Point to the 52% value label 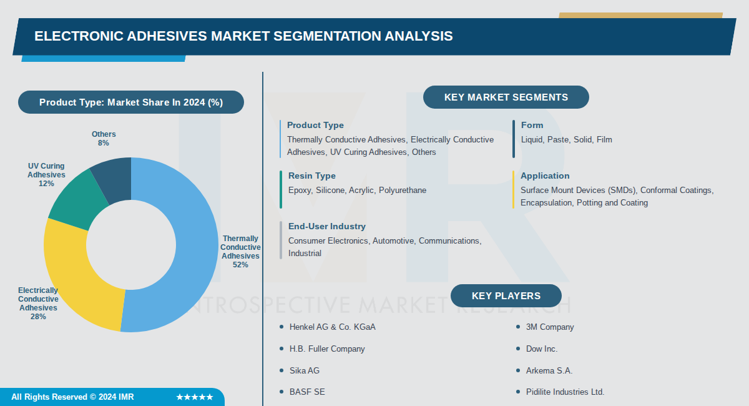(240, 265)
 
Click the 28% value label (38, 317)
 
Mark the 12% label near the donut (46, 184)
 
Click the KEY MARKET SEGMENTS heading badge (506, 97)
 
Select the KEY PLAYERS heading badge (506, 296)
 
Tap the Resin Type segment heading (311, 176)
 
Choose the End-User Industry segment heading (326, 227)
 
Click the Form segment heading (532, 126)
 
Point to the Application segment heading (545, 176)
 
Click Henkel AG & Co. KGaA (332, 327)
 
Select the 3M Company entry (549, 327)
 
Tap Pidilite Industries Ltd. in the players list (565, 392)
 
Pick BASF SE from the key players (306, 392)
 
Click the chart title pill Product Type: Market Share (130, 102)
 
